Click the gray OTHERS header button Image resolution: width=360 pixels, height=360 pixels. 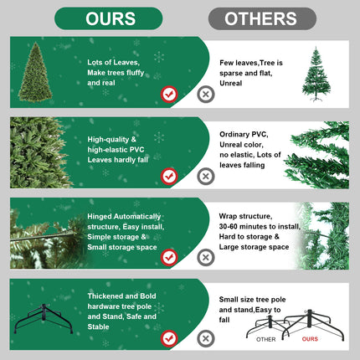coord(262,18)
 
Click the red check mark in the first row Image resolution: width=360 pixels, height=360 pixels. coord(169,95)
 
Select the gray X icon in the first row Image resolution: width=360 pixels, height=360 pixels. coord(205,95)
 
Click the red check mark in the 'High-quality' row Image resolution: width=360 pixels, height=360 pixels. coord(169,176)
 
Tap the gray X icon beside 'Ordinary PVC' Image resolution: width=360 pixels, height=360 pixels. coord(205,176)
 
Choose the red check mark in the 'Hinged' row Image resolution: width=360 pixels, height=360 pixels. coord(169,258)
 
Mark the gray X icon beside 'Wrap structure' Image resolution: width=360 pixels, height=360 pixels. coord(205,258)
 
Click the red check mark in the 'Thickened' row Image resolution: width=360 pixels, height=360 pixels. coord(169,338)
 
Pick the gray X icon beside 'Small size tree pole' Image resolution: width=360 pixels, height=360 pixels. coord(205,338)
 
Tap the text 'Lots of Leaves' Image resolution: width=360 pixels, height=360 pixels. coord(113,62)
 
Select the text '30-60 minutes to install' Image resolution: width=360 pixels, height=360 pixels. coord(259,226)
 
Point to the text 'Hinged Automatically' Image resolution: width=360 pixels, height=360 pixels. coord(126,216)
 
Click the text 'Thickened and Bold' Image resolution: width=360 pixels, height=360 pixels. coord(121,296)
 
